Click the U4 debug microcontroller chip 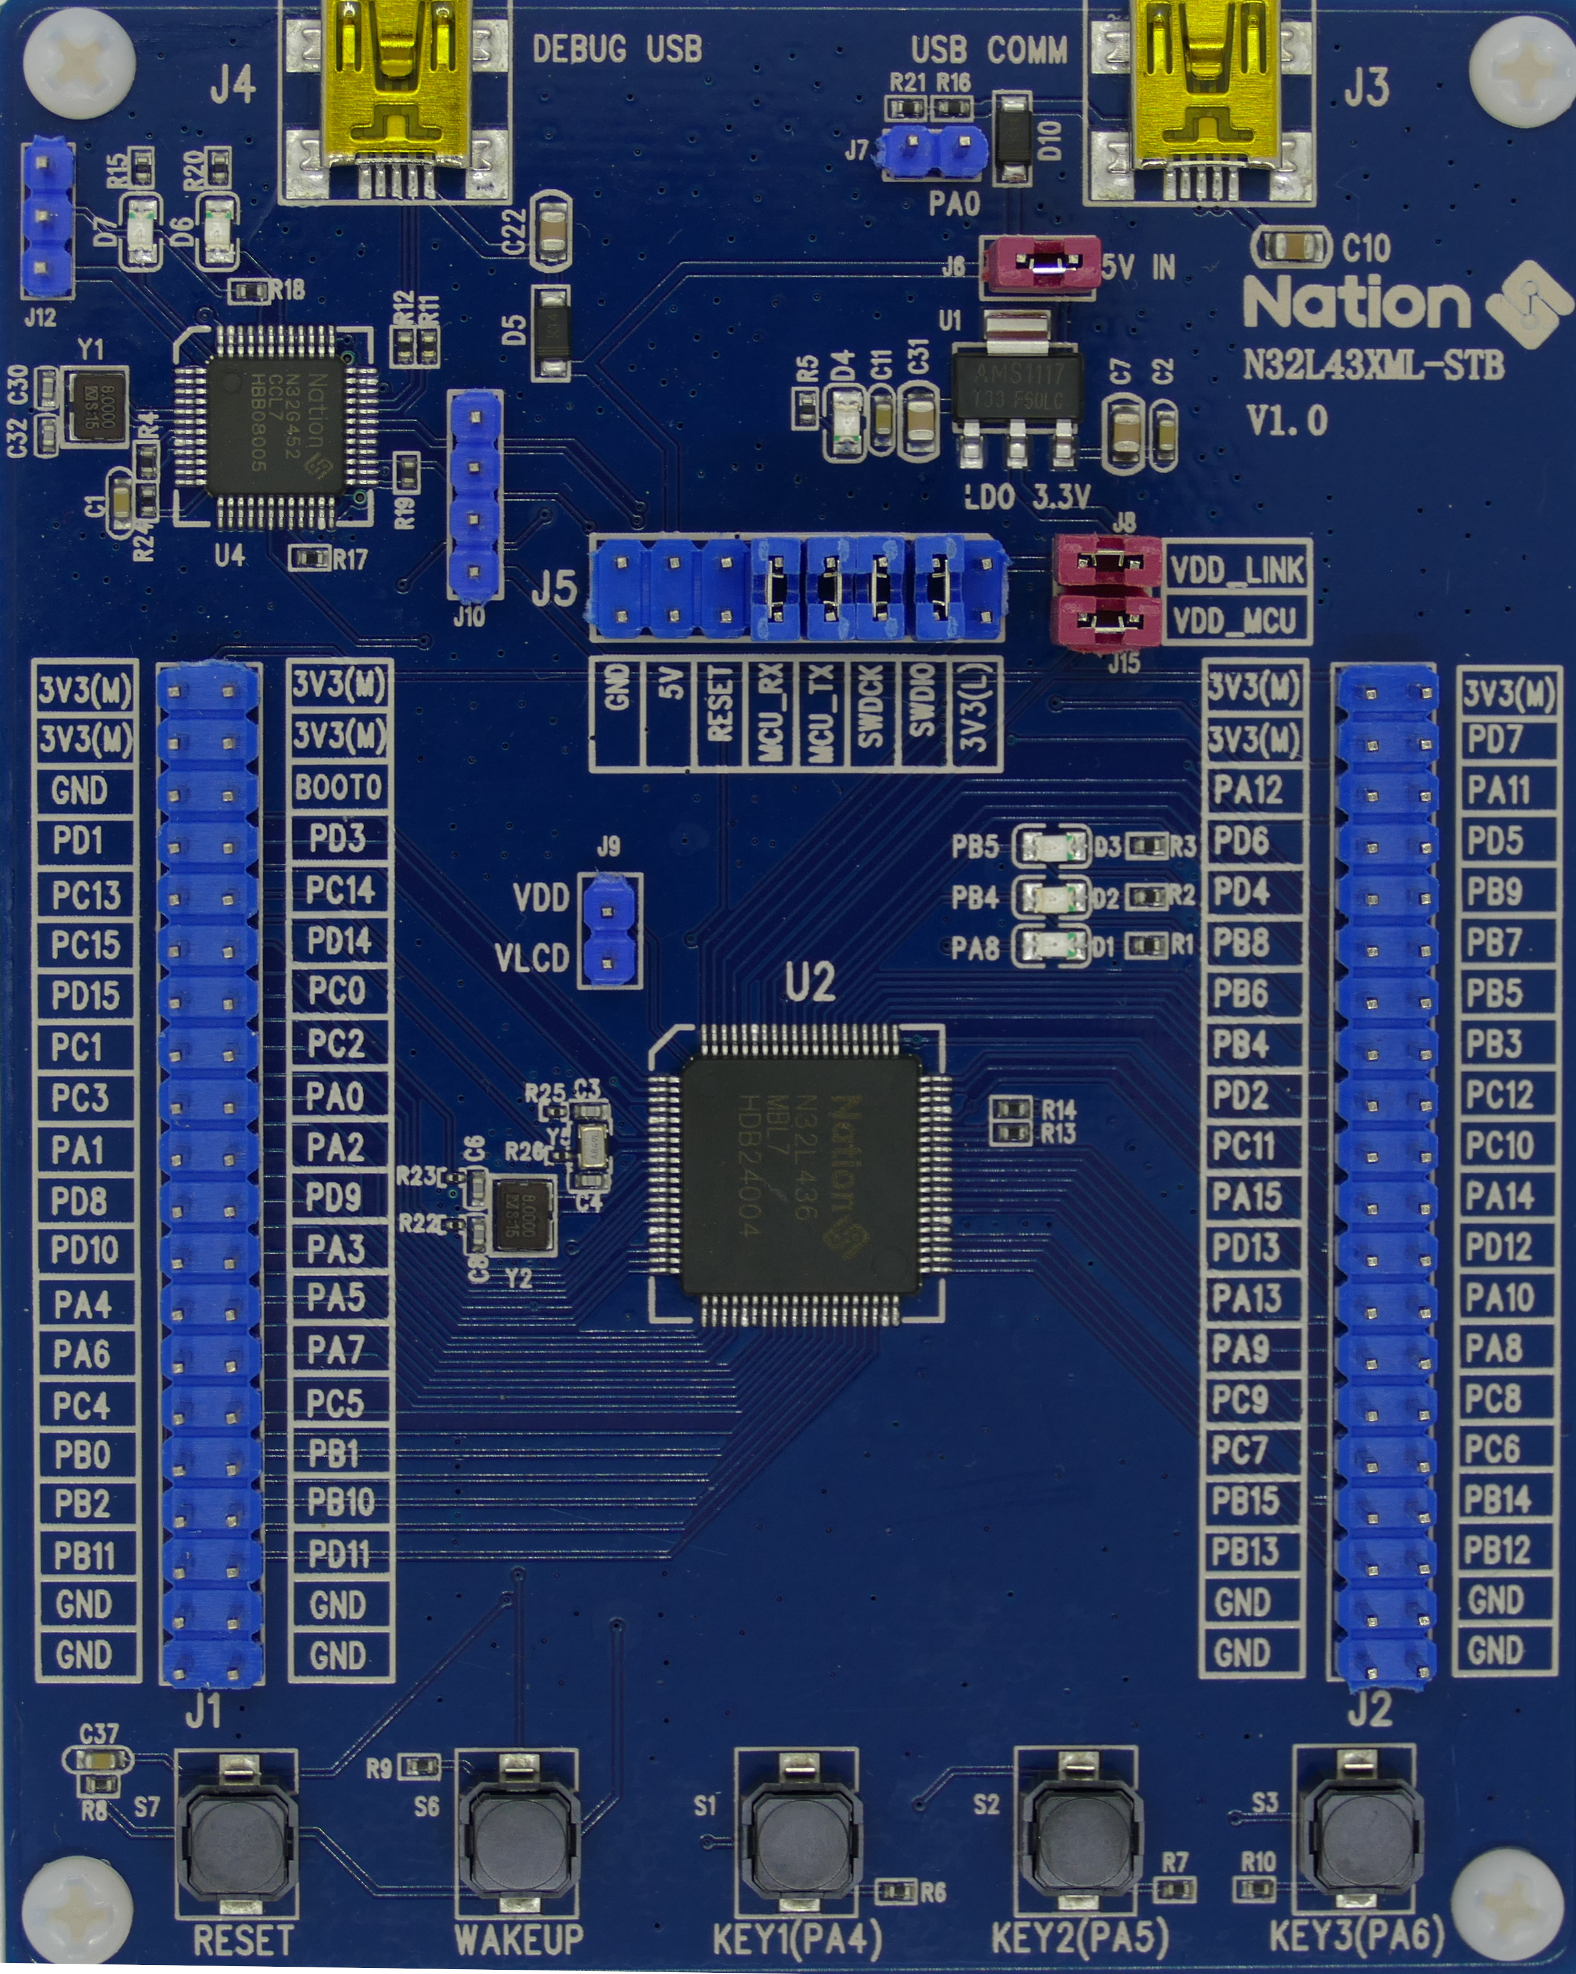click(x=277, y=426)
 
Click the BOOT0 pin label click(x=338, y=787)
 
